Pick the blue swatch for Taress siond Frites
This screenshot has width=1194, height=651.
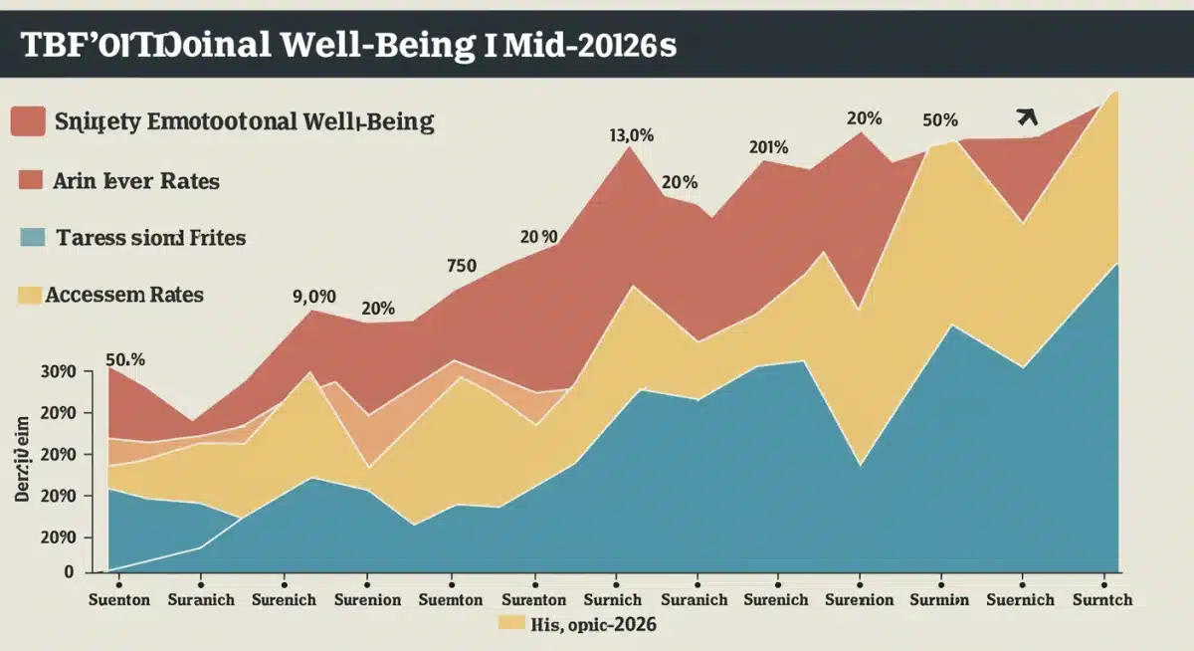pyautogui.click(x=33, y=238)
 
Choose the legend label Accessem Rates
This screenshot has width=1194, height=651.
pyautogui.click(x=124, y=295)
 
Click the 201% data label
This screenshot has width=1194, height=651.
pyautogui.click(x=768, y=147)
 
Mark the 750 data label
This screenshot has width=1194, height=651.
pyautogui.click(x=462, y=266)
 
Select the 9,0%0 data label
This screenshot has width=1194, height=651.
pyautogui.click(x=314, y=296)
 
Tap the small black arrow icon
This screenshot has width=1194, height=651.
pyautogui.click(x=1028, y=117)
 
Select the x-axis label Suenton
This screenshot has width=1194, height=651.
pyautogui.click(x=118, y=600)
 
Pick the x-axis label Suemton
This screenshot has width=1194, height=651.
pyautogui.click(x=451, y=600)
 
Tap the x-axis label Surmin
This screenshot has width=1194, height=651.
pyautogui.click(x=939, y=600)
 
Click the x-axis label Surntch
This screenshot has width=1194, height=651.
pyautogui.click(x=1102, y=600)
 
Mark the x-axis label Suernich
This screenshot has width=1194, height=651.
pyautogui.click(x=1021, y=600)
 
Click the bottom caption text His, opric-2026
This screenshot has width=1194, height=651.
pyautogui.click(x=595, y=625)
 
